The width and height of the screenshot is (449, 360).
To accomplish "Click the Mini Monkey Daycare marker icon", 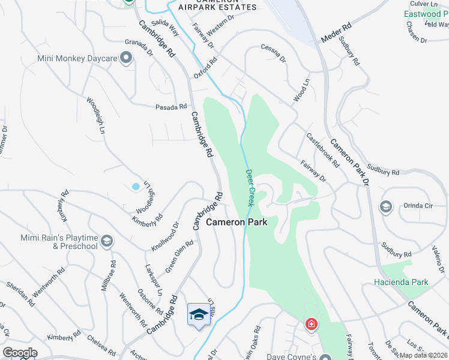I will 126,58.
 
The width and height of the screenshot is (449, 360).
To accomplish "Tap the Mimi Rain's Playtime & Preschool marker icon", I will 107,241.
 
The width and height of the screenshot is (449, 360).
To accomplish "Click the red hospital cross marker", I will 311,325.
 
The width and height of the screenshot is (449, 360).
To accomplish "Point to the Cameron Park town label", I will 237,222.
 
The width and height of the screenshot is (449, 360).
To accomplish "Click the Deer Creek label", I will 251,188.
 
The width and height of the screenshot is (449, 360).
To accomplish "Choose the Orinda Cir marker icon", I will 385,207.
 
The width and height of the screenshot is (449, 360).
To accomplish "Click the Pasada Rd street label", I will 171,107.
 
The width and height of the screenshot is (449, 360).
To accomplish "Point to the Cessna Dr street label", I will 273,52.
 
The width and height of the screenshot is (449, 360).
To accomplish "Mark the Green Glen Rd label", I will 179,256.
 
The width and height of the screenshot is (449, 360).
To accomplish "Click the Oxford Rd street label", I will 205,68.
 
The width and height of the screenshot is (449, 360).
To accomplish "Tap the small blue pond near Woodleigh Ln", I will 136,187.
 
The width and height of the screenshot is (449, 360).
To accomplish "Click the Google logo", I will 20,353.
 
